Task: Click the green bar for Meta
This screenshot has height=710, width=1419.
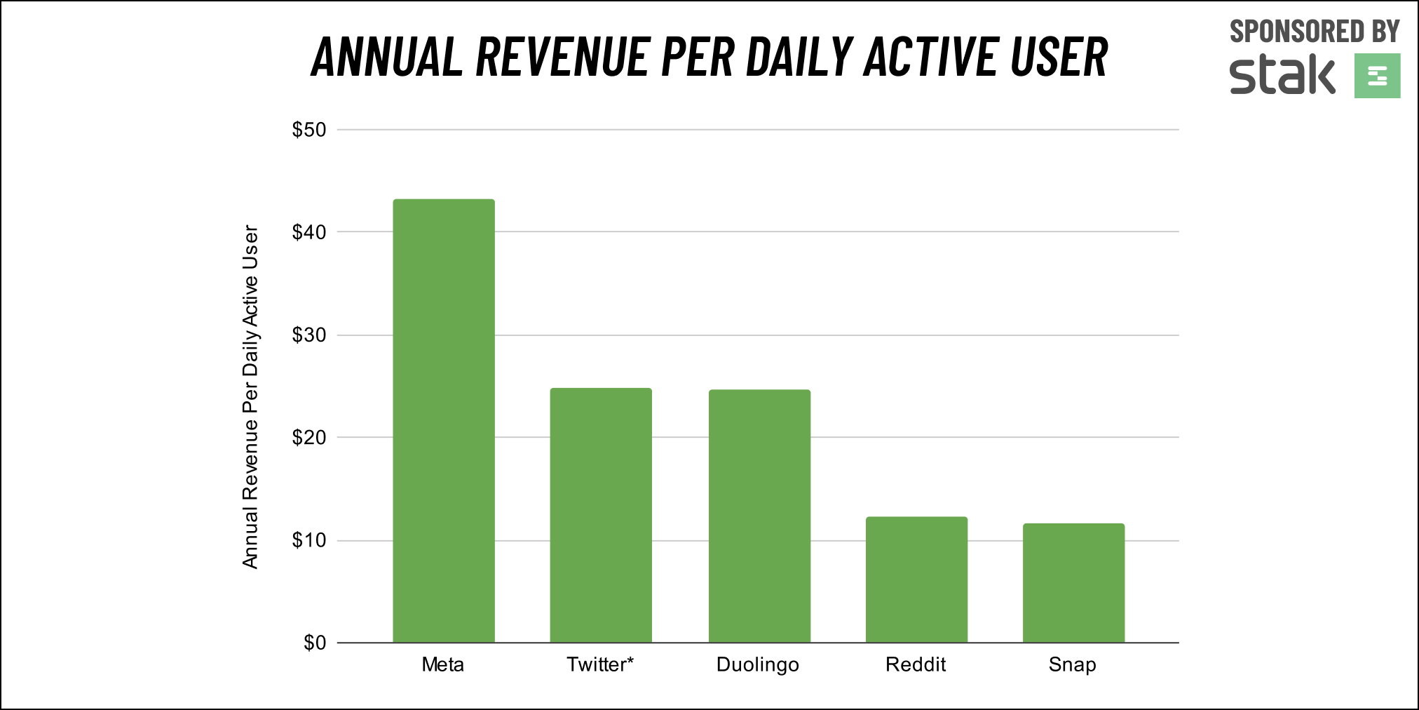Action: pos(443,421)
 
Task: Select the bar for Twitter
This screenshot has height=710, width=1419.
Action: pos(601,515)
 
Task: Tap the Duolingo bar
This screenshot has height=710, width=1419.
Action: pos(759,516)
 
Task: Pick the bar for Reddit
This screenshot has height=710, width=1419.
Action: pos(916,580)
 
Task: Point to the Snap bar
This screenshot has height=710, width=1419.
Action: pos(1073,582)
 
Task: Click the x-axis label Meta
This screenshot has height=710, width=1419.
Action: pos(443,664)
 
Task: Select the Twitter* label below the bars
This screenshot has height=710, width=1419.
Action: pos(600,664)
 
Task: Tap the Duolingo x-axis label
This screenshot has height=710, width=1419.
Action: pos(758,665)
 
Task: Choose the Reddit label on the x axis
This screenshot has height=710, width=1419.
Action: pos(916,664)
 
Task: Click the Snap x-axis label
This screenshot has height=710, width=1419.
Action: pos(1073,665)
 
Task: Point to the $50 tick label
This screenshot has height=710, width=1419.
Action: pos(309,130)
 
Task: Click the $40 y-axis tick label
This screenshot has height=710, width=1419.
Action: pos(309,232)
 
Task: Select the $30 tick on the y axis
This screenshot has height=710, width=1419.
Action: pos(309,335)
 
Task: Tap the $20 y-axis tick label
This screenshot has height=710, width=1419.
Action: pos(309,438)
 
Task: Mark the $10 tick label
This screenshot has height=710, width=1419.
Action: pos(309,540)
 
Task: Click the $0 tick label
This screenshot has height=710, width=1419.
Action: pos(315,643)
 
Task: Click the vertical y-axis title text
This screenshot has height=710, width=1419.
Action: pos(250,396)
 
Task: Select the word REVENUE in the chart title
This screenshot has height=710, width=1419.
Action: pos(562,57)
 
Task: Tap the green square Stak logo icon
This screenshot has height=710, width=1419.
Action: pos(1377,76)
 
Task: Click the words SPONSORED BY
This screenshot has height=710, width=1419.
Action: pos(1315,32)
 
